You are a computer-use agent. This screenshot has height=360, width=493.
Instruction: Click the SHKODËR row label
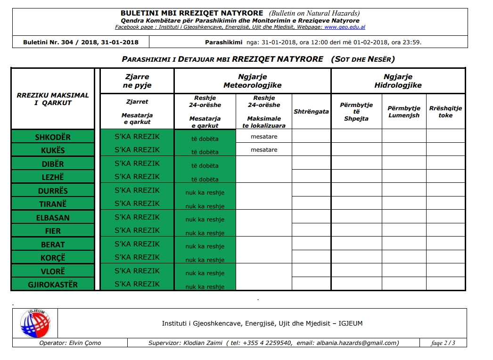click(53, 137)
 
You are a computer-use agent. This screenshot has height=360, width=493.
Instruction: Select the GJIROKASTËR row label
click(53, 285)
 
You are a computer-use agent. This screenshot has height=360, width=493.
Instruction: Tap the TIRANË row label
click(53, 204)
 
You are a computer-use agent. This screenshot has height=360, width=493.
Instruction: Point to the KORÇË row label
click(53, 258)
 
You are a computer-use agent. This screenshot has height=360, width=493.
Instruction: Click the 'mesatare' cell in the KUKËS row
click(264, 150)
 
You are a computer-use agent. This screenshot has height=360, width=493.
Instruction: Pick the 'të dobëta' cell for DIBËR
click(205, 166)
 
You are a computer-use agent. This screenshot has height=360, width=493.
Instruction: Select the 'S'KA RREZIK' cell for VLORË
click(137, 271)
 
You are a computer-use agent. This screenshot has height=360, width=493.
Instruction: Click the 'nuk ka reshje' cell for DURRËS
click(205, 193)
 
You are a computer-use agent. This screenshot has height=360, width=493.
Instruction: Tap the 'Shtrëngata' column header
click(311, 112)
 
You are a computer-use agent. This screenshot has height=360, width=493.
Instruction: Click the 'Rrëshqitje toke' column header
click(445, 112)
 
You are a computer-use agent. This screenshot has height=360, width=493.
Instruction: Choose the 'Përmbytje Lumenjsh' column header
click(404, 112)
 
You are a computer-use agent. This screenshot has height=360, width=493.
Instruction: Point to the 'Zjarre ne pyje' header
click(137, 81)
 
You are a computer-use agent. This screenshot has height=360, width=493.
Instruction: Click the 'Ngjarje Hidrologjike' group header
click(398, 81)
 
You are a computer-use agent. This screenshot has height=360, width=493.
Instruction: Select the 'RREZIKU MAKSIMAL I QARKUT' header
click(53, 99)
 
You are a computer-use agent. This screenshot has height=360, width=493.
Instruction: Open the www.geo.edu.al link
click(345, 27)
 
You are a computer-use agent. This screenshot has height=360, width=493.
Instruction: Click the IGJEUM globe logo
click(34, 323)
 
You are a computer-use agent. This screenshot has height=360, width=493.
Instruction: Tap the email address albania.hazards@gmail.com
click(357, 343)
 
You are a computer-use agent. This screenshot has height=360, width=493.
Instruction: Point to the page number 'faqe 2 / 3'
click(443, 343)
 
